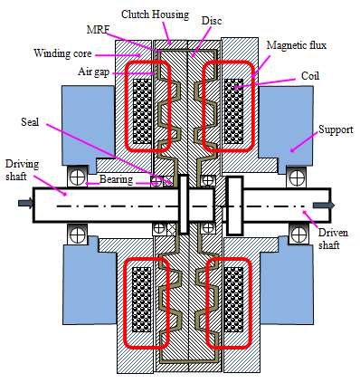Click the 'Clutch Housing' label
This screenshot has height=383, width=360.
tap(155, 14)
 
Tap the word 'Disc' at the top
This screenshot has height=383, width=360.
tap(212, 21)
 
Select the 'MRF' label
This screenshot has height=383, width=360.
tap(98, 30)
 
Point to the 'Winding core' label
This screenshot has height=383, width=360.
tap(62, 53)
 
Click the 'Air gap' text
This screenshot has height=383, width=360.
tap(93, 72)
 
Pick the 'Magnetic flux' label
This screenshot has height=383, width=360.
tap(297, 45)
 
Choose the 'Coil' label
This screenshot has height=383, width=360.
tap(310, 76)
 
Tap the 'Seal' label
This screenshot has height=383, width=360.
tap(30, 122)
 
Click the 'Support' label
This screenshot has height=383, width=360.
tap(336, 129)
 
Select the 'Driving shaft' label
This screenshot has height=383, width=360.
tap(22, 170)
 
